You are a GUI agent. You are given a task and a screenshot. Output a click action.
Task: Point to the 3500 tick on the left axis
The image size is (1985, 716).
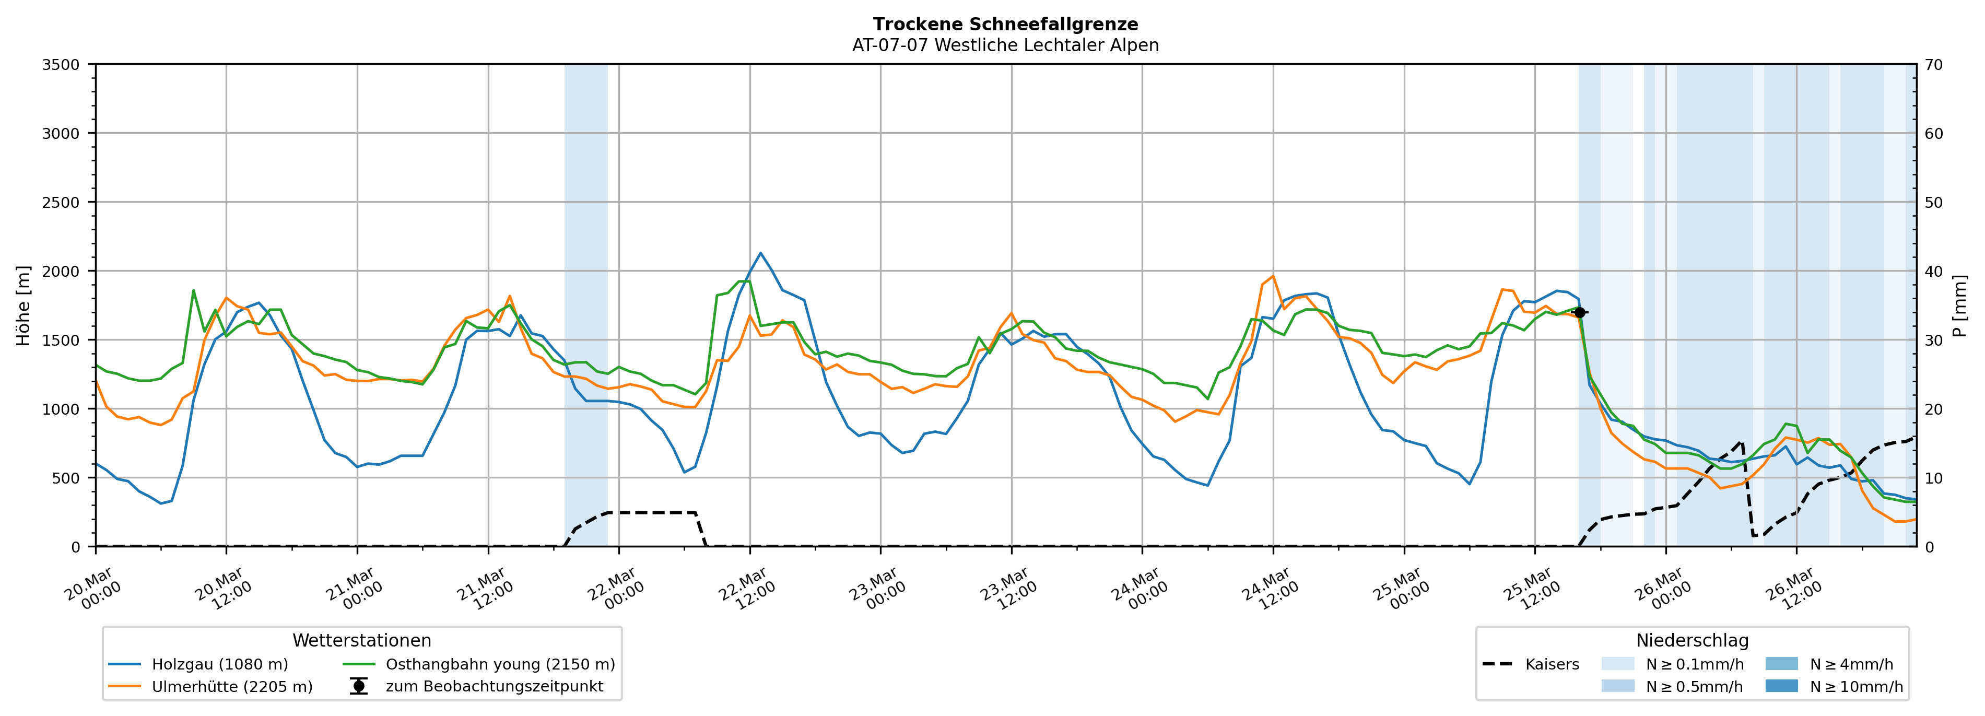click(61, 65)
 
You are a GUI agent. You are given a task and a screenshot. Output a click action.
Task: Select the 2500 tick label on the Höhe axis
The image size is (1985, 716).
click(61, 203)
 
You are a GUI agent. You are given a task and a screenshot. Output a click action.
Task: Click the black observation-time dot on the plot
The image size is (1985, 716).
click(1580, 312)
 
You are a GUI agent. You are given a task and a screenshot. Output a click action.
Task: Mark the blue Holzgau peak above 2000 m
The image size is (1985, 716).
click(760, 253)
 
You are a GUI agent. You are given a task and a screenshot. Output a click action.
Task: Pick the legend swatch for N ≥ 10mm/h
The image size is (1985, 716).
click(1781, 686)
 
